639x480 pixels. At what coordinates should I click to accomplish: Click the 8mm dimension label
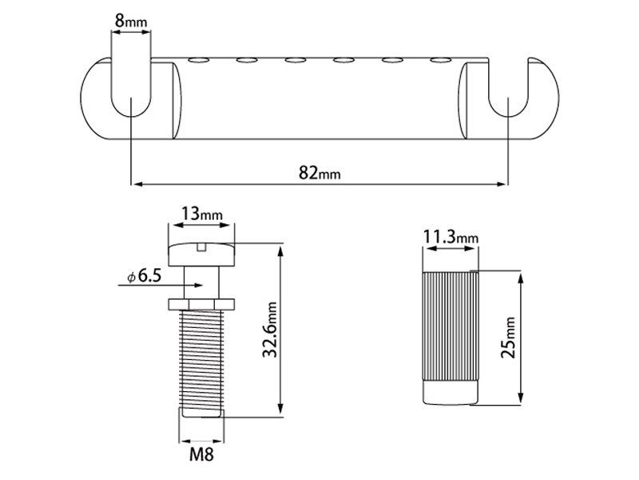[130, 21]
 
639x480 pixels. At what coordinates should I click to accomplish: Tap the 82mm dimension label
[319, 173]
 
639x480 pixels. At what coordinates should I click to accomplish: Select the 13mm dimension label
[202, 213]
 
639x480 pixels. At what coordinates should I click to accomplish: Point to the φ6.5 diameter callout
[145, 276]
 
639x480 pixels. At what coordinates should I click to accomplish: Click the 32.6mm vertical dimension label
[269, 330]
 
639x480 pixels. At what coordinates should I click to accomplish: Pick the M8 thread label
[201, 454]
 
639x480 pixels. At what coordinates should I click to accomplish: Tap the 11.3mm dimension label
[450, 237]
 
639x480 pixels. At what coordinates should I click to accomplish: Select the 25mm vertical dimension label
[508, 338]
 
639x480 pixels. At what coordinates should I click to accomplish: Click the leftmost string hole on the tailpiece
[198, 61]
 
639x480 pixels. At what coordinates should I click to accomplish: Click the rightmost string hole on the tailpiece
[441, 61]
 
